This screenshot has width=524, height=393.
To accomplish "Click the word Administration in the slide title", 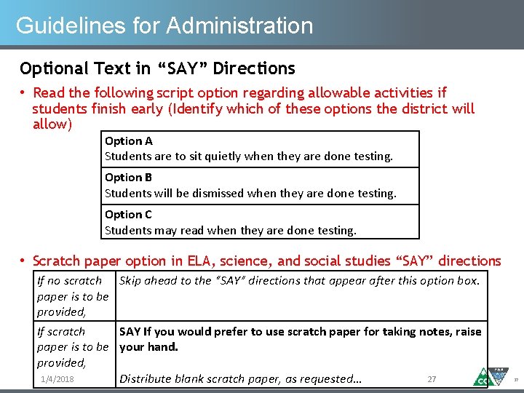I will tap(239, 25).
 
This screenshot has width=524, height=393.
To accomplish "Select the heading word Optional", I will tap(49, 68).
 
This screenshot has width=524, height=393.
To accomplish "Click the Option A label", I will tap(129, 140).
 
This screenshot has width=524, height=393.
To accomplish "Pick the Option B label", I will tap(129, 177).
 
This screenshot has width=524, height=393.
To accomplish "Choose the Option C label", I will tap(129, 214).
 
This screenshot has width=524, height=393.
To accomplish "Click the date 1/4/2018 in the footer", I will tap(57, 379).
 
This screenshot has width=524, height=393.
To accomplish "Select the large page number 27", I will tap(432, 379).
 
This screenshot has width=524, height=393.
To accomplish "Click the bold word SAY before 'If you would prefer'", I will tap(130, 331).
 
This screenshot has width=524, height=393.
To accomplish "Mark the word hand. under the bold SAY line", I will tap(164, 346).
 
